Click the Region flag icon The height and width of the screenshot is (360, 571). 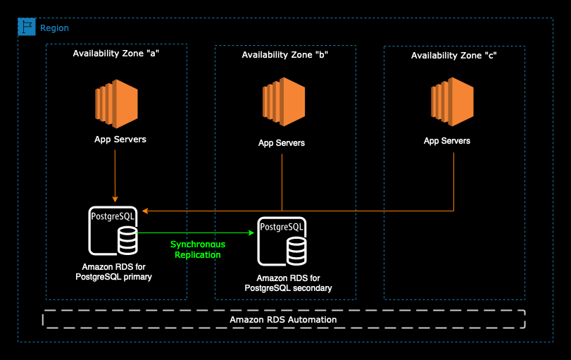(27, 27)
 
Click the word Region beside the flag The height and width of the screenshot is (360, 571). (54, 28)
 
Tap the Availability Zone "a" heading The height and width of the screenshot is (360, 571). (116, 54)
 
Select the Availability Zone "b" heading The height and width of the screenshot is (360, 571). (285, 54)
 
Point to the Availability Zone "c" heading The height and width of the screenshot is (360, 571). (454, 55)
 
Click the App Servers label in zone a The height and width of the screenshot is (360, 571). (120, 139)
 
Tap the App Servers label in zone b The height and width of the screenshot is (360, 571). (282, 143)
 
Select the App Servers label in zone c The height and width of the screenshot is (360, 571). (447, 141)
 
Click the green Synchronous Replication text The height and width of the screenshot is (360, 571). (198, 249)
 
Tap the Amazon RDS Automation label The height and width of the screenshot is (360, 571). (283, 320)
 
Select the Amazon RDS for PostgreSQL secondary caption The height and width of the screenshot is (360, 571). (288, 283)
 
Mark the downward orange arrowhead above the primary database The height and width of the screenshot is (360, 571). (115, 200)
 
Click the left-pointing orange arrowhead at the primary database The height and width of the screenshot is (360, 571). (144, 211)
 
